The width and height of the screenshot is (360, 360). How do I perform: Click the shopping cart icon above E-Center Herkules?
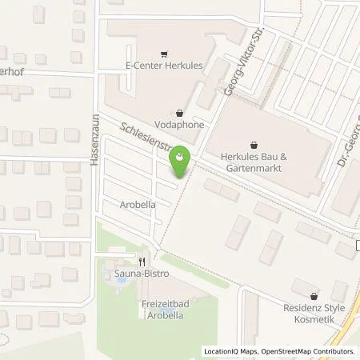point(165,54)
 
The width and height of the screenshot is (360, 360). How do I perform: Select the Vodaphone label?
point(179,126)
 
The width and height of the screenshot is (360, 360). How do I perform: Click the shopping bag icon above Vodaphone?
point(179,112)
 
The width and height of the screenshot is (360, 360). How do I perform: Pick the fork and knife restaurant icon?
point(142,260)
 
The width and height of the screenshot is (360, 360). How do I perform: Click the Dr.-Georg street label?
point(350,145)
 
